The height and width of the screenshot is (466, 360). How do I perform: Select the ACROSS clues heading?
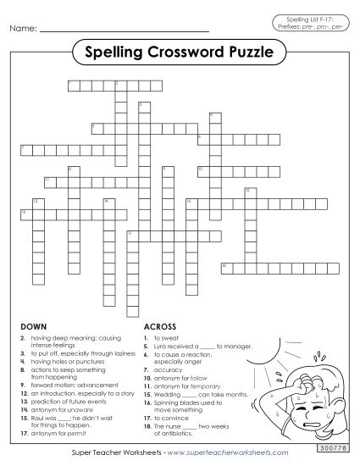(x=159, y=326)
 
